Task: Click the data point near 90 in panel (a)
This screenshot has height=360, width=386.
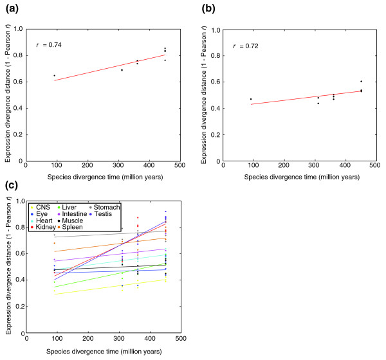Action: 54,76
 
